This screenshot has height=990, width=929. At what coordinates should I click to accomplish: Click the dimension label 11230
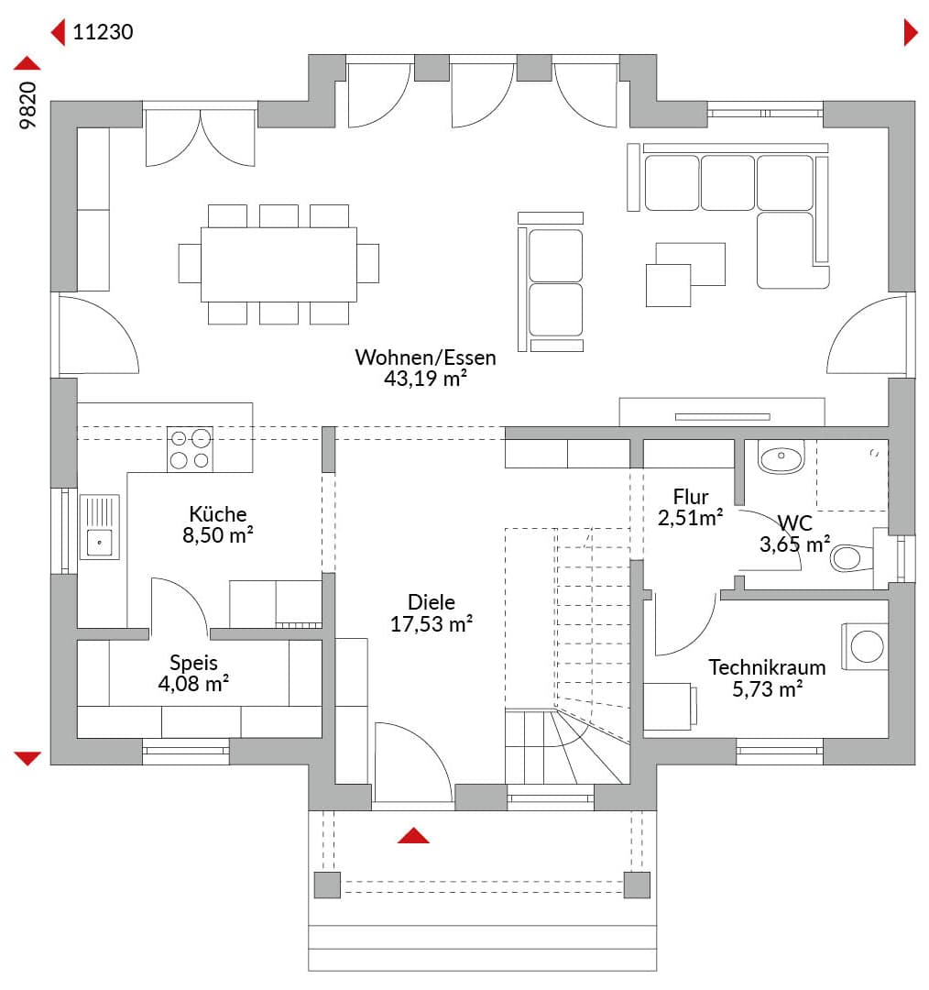click(103, 32)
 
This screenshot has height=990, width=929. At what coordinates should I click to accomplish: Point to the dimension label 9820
click(28, 105)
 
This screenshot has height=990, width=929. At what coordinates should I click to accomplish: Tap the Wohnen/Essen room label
click(425, 357)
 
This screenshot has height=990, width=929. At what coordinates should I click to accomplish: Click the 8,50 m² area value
click(218, 535)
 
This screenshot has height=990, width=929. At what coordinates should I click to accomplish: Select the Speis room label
click(193, 663)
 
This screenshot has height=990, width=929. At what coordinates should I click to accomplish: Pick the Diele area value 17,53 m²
click(431, 624)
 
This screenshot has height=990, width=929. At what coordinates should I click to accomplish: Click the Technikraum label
click(767, 667)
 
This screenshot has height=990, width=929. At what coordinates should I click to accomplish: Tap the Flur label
click(691, 497)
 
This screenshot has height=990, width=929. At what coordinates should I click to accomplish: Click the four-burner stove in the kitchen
click(190, 449)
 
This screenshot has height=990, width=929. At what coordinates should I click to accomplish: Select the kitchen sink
click(100, 527)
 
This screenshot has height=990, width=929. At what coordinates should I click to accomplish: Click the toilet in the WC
click(852, 558)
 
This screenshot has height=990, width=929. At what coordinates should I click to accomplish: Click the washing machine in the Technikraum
click(865, 646)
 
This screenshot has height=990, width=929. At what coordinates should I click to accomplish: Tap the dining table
click(279, 264)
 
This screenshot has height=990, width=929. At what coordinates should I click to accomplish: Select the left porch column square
click(327, 885)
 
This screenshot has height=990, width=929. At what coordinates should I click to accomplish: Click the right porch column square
click(637, 885)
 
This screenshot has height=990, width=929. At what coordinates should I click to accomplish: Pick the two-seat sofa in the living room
click(551, 282)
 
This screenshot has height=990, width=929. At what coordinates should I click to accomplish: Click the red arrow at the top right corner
click(911, 32)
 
